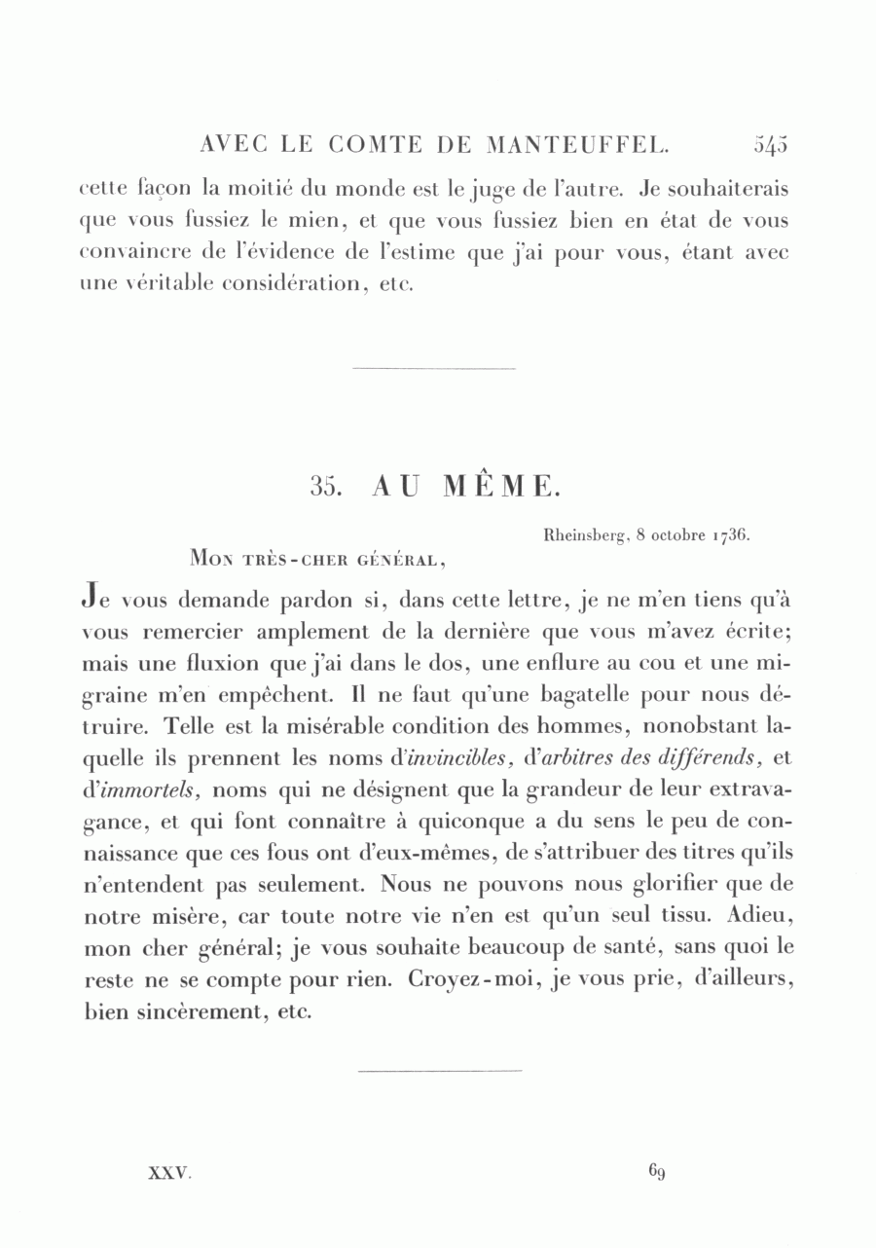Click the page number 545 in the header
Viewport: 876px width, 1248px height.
point(770,145)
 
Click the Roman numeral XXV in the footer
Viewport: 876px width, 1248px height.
point(168,1173)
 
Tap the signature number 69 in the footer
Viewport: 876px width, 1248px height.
point(656,1171)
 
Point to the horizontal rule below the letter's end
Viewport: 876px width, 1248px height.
point(440,1071)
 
